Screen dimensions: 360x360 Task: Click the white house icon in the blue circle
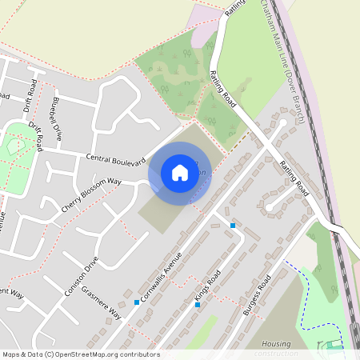[x=180, y=173]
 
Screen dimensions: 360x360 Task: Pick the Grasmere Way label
[x=104, y=303]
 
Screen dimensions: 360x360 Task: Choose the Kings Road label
[x=208, y=291]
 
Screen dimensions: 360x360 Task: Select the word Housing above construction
[x=275, y=343]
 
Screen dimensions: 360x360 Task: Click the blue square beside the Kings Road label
[x=197, y=305]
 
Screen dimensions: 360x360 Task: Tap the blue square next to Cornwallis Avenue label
[x=137, y=302]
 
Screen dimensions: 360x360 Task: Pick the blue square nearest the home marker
[x=233, y=226]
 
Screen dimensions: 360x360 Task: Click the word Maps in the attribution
[x=11, y=354]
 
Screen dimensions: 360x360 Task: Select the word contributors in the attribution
[x=138, y=354]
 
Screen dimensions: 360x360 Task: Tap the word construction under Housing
[x=275, y=353]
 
